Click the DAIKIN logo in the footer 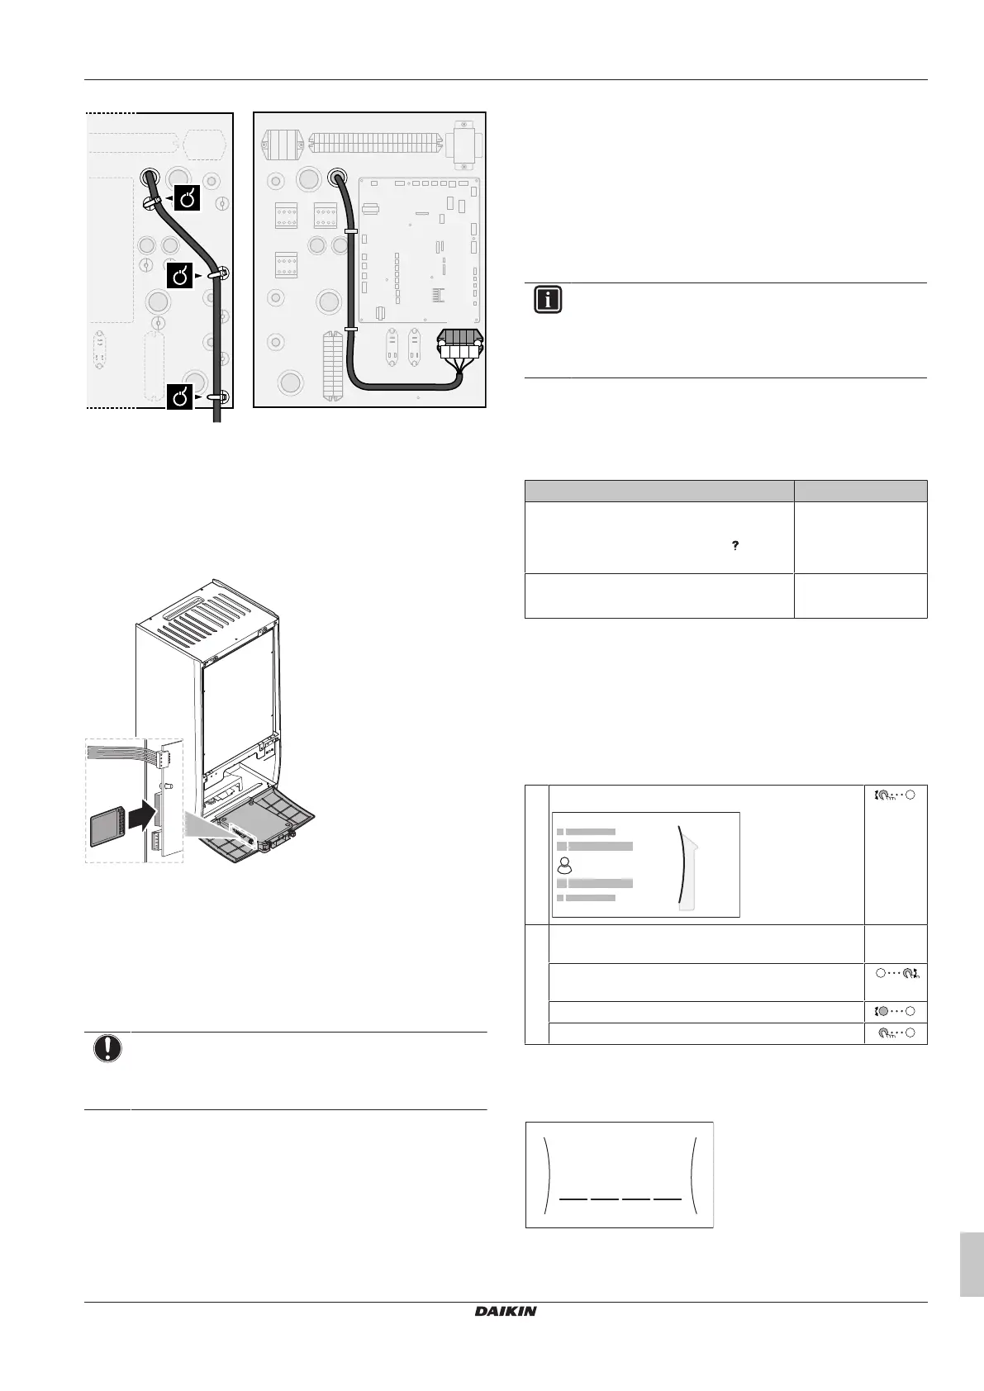[506, 1312]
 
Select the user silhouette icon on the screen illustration [565, 865]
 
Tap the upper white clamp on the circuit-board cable [350, 232]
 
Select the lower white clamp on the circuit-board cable [350, 329]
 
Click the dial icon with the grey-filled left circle [896, 1012]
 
